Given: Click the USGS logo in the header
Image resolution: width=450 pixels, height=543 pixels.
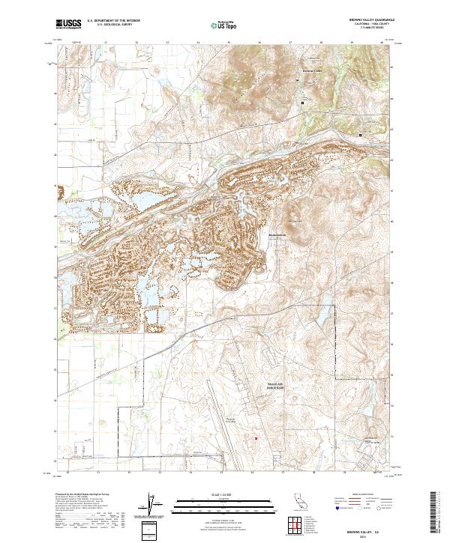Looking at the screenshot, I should pos(67,25).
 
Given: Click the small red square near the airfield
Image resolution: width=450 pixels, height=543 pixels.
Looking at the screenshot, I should pos(255,439).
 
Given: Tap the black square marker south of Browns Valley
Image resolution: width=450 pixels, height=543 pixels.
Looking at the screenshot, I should pos(303,102).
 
